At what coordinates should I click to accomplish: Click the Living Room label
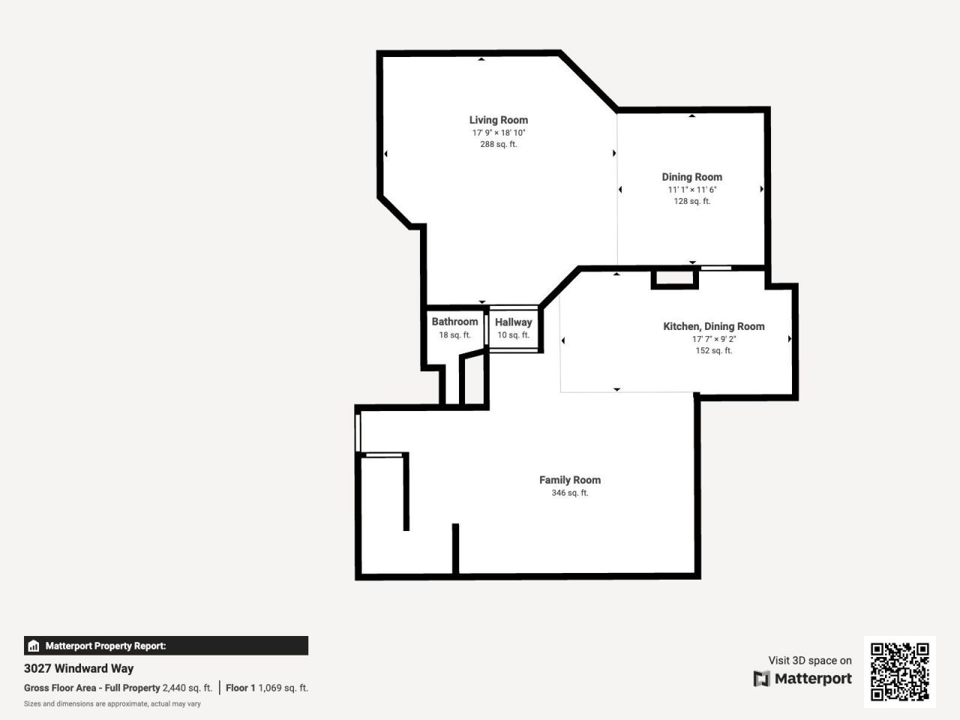coord(498,120)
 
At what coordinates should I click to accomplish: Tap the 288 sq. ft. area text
coord(498,144)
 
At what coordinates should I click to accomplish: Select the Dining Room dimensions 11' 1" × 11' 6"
coord(691,190)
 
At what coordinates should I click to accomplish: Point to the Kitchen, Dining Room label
coord(713,326)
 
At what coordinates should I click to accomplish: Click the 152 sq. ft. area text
coord(713,350)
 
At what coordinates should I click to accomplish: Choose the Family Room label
coord(569,480)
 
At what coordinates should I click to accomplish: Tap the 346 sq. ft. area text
coord(569,493)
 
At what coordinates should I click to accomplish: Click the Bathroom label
coord(454,322)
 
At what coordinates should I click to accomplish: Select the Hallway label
coord(513,322)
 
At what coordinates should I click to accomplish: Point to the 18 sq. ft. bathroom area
coord(454,335)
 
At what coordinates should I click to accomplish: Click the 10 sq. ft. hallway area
coord(513,335)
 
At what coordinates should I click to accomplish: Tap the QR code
coord(899,671)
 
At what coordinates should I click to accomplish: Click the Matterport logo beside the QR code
coord(802,679)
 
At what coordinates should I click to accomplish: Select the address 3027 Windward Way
coord(79,668)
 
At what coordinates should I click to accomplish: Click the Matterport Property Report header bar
coord(166,646)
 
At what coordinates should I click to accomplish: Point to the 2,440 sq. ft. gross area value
coord(187,688)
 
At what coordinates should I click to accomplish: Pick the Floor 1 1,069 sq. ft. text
coord(267,688)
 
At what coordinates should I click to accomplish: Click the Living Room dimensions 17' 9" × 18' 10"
coord(498,133)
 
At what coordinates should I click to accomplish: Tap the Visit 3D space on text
coord(809,661)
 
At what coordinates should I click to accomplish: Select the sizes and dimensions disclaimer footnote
coord(112,704)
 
